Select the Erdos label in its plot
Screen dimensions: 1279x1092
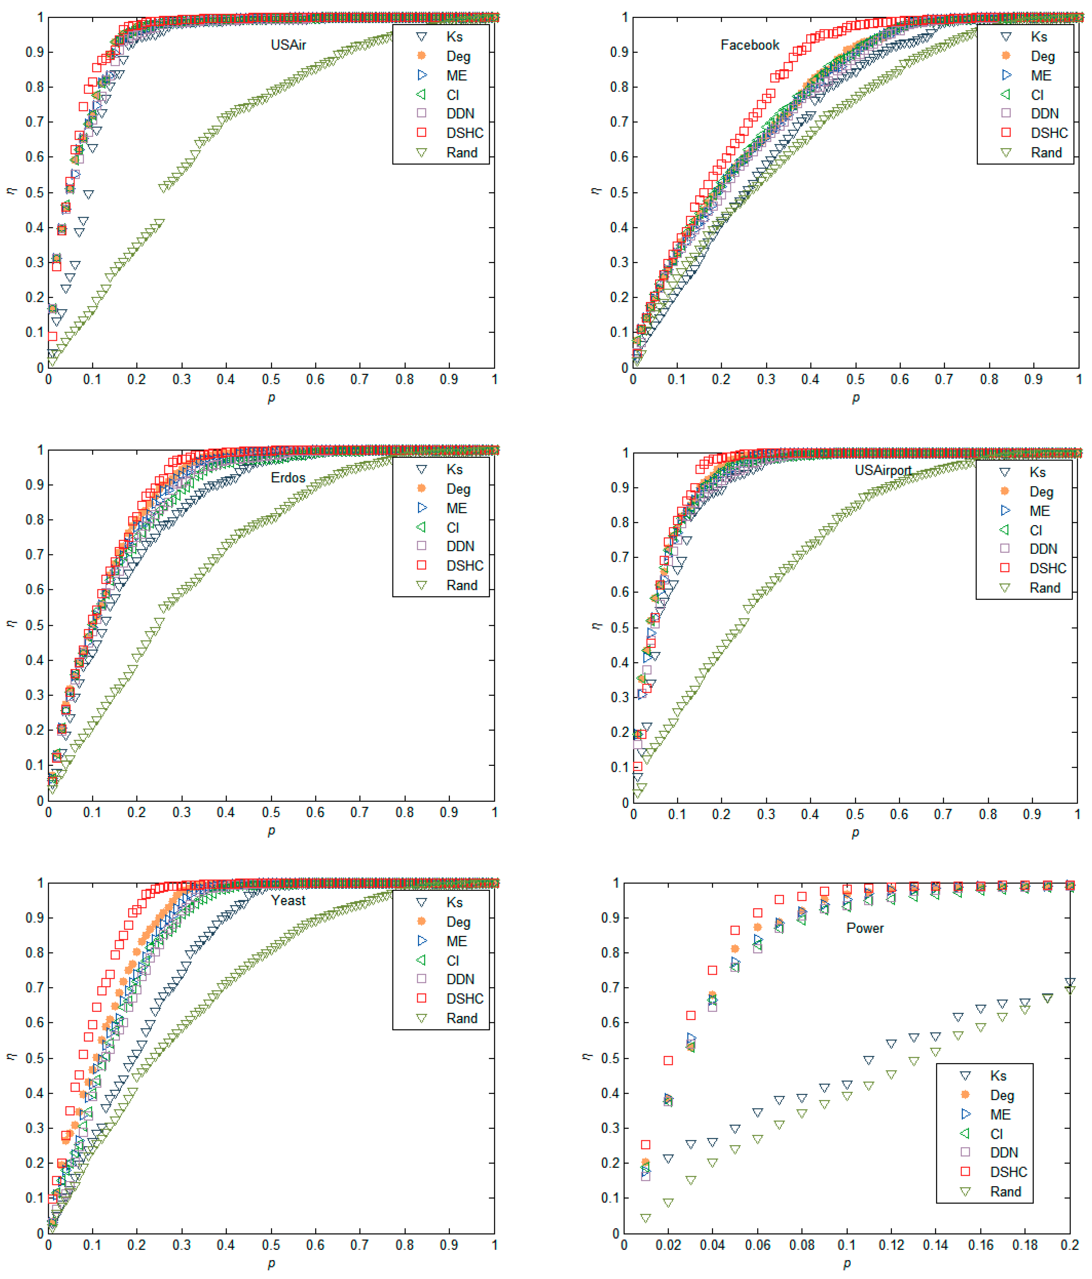click(x=288, y=478)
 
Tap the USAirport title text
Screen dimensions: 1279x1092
click(x=883, y=470)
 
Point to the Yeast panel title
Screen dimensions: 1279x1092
click(x=288, y=900)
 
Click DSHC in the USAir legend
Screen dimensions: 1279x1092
click(x=465, y=133)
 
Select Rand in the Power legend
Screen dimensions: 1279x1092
click(x=1005, y=1192)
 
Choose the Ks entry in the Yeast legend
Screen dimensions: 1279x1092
click(x=455, y=902)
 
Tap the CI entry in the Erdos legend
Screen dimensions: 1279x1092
click(x=453, y=528)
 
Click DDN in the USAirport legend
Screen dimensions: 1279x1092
click(x=1043, y=549)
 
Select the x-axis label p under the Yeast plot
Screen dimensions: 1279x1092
click(x=271, y=1264)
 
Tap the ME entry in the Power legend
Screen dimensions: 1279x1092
click(x=1000, y=1115)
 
